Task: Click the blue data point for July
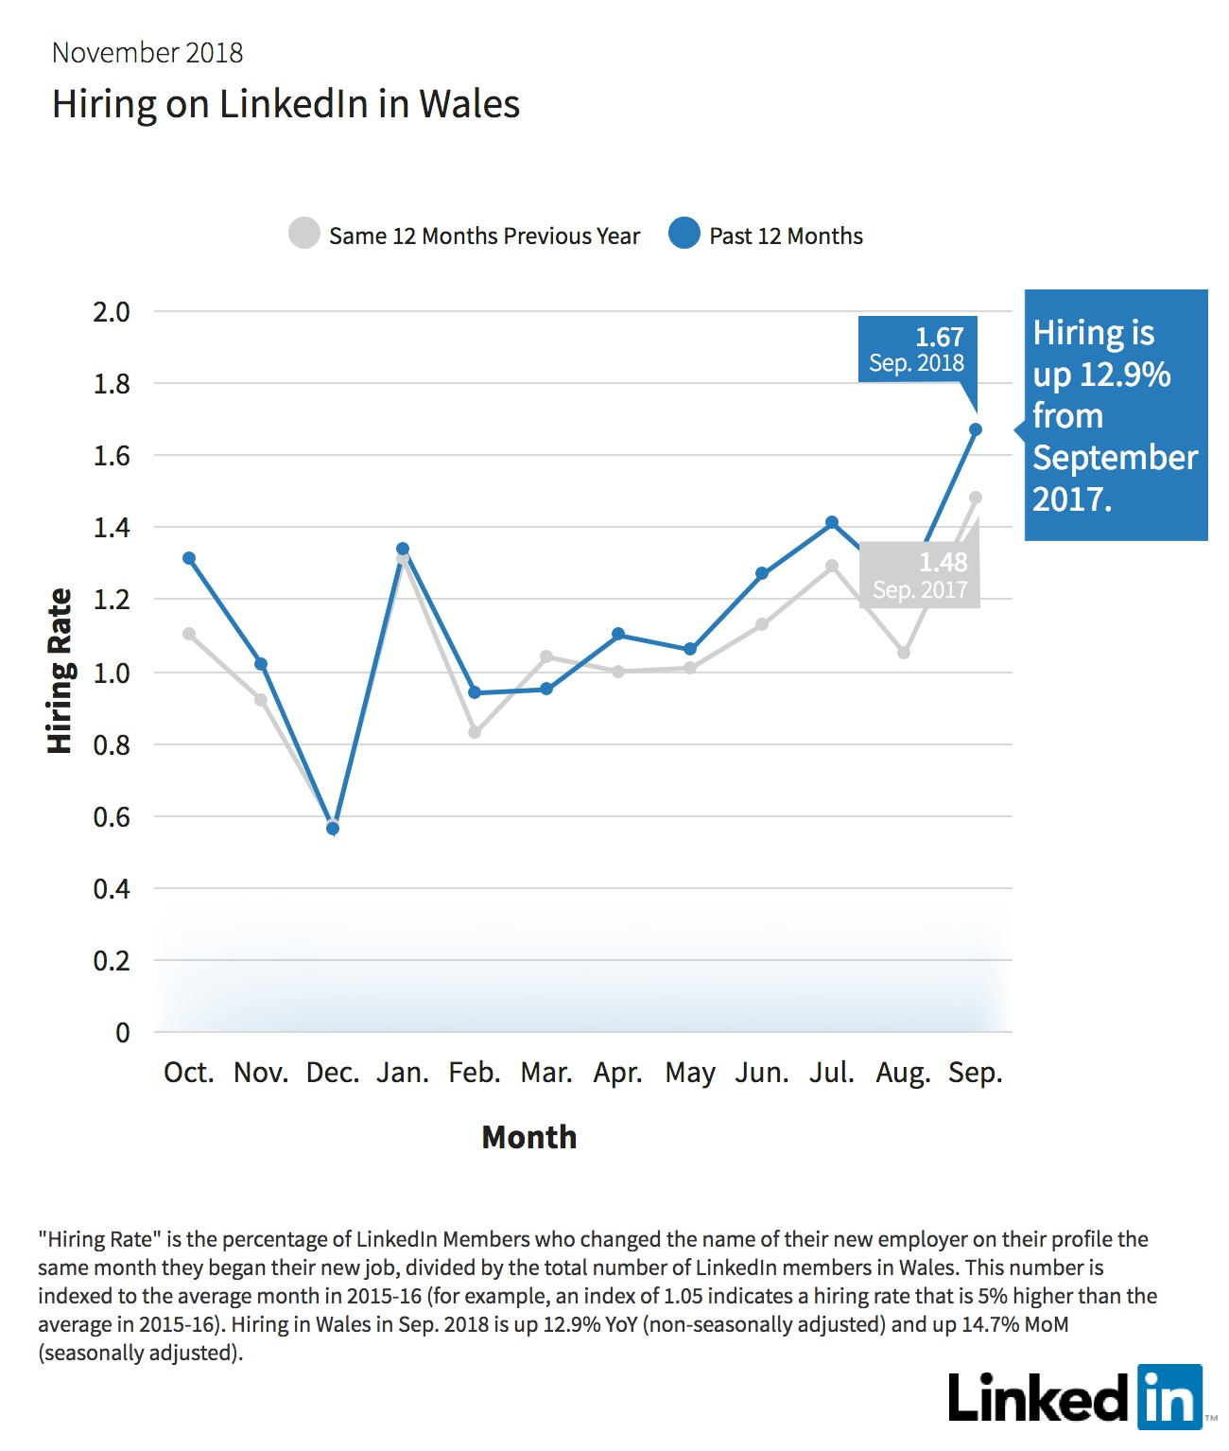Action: (x=832, y=522)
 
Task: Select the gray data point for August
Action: (x=904, y=653)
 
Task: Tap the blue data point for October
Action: (x=189, y=558)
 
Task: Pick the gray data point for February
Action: (x=475, y=732)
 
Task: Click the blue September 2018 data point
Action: (x=975, y=429)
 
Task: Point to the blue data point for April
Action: (x=618, y=635)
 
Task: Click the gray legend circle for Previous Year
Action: (x=304, y=233)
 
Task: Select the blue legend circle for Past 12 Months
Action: (x=684, y=233)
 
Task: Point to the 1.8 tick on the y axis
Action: (x=112, y=384)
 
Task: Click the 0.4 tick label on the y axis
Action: (x=112, y=889)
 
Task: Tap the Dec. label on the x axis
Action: (x=333, y=1074)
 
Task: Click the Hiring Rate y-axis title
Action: (x=60, y=671)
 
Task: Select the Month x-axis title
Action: (x=528, y=1137)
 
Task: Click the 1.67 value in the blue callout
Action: (x=940, y=338)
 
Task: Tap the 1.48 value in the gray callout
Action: (x=943, y=562)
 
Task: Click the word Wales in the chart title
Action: (x=469, y=104)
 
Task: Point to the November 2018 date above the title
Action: (x=147, y=53)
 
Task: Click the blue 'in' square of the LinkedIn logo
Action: (x=1169, y=1397)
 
